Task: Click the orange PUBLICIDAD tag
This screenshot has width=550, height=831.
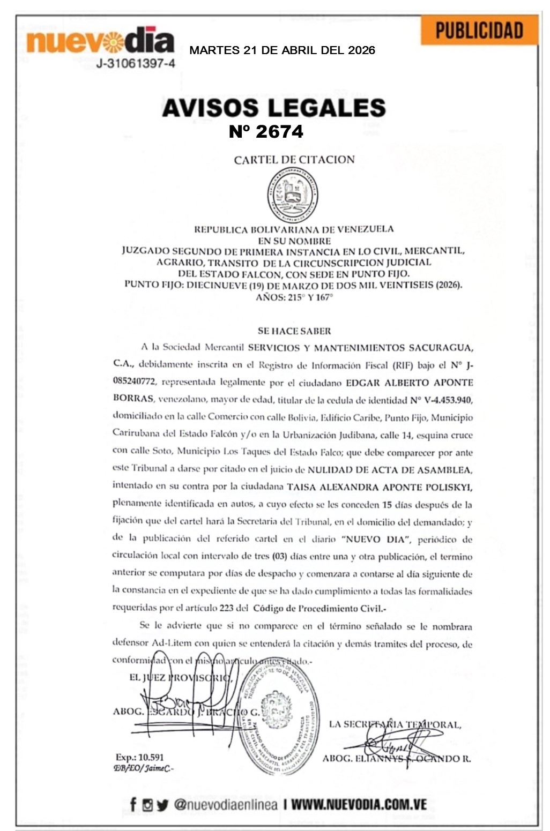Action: tap(479, 30)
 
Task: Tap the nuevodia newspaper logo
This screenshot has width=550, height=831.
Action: tap(100, 41)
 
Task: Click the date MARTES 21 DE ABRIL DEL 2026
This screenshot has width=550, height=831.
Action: tap(282, 50)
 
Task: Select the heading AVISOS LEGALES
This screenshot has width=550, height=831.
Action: tap(273, 108)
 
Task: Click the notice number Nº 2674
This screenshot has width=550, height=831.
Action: tap(266, 131)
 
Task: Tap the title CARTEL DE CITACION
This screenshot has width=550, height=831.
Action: tap(294, 159)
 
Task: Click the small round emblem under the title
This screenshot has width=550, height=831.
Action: tap(293, 193)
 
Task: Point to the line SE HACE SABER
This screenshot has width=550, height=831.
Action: tap(294, 331)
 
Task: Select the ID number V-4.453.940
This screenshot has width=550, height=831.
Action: tap(441, 400)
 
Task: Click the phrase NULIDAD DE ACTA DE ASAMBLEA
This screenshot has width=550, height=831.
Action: tap(390, 470)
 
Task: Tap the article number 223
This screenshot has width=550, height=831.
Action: tap(226, 608)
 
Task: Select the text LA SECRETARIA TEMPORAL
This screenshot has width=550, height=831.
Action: tap(395, 724)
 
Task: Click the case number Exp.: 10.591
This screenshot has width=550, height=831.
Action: tap(139, 757)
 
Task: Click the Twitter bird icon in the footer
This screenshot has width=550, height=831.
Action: tap(162, 804)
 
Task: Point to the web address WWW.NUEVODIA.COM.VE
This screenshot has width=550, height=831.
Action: tap(359, 804)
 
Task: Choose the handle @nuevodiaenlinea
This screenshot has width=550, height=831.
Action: tap(226, 804)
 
